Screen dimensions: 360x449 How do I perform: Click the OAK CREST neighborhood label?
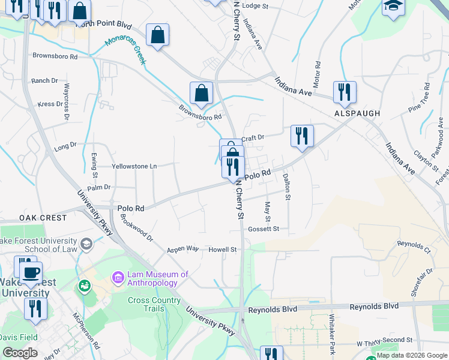[43, 217]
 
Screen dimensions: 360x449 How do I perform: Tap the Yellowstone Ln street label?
[134, 166]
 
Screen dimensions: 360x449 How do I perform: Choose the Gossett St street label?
[264, 229]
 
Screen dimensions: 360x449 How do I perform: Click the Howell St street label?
[223, 249]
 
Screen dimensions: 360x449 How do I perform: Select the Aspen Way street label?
[182, 248]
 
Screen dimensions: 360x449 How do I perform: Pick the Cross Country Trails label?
[154, 304]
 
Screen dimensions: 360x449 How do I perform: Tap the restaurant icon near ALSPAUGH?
[345, 92]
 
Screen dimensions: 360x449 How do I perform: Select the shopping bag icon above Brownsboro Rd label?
[202, 93]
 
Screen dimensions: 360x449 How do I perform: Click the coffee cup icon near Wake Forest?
[31, 272]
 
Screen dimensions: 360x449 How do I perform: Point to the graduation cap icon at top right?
[393, 7]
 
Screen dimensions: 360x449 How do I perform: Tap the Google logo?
[20, 352]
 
